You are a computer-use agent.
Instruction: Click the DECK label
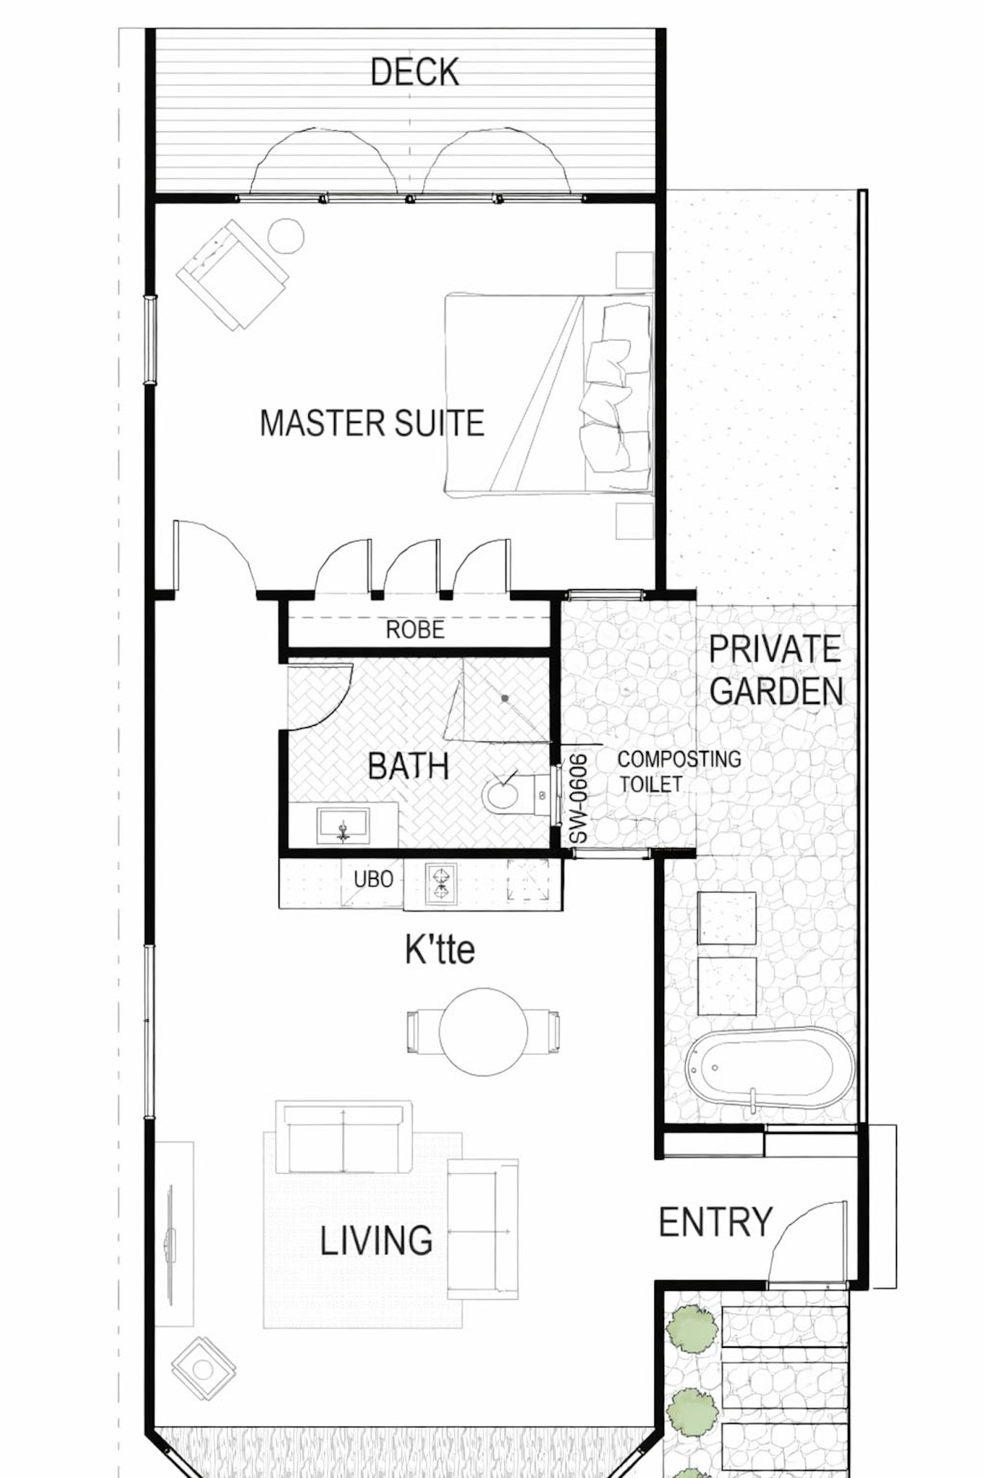(x=415, y=72)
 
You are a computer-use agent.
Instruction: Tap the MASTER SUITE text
(x=372, y=423)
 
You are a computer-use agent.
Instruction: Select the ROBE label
(x=415, y=629)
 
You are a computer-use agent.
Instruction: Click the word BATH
(x=408, y=766)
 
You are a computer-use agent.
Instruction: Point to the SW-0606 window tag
(x=578, y=799)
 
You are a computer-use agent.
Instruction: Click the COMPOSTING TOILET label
(x=679, y=771)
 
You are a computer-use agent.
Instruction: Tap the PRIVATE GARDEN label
(x=776, y=670)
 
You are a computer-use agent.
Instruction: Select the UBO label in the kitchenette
(x=373, y=879)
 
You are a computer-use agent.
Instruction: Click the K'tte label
(x=440, y=949)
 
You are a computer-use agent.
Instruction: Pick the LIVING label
(x=376, y=1240)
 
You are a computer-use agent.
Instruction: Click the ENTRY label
(x=716, y=1222)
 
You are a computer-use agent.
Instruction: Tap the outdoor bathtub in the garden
(x=769, y=1067)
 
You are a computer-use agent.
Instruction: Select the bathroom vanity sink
(x=343, y=825)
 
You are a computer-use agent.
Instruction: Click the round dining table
(x=483, y=1032)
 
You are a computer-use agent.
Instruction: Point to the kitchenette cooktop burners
(x=440, y=884)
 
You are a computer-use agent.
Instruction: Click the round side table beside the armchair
(x=286, y=236)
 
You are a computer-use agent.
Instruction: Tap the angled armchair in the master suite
(x=231, y=274)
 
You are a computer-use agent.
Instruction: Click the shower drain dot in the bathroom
(x=504, y=698)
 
